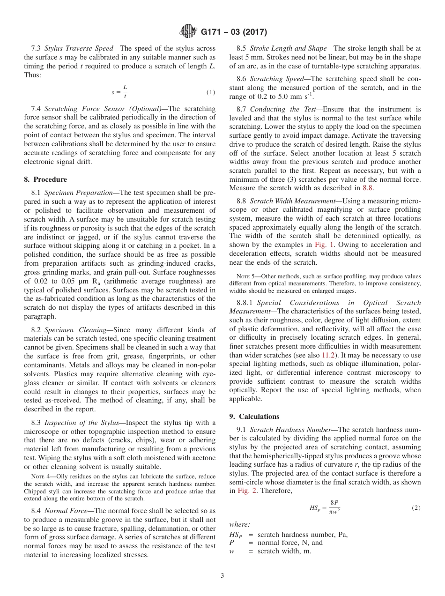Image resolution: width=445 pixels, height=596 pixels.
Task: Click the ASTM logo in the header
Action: pyautogui.click(x=188, y=32)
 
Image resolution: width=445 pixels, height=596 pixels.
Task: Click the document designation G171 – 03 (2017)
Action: pyautogui.click(x=234, y=32)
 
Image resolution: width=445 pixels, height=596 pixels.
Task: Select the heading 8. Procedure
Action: pyautogui.click(x=45, y=179)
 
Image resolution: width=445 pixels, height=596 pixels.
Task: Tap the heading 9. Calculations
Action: pyautogui.click(x=254, y=417)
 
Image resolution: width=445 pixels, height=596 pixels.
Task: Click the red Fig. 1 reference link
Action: pyautogui.click(x=323, y=245)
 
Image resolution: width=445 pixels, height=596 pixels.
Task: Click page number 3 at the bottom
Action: pyautogui.click(x=222, y=576)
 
